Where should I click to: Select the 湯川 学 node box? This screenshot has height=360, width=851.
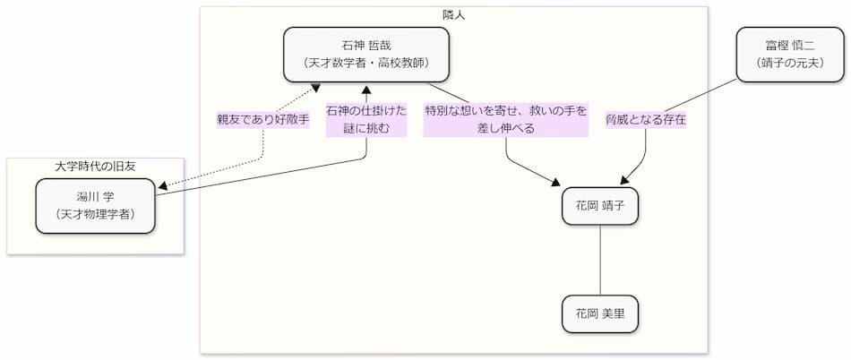pos(96,205)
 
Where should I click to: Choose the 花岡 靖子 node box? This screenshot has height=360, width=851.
pos(599,205)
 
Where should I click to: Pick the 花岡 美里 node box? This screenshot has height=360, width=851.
pos(599,313)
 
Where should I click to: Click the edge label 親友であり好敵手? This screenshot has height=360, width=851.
pos(262,119)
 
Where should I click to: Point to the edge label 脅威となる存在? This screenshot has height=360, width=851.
pos(645,119)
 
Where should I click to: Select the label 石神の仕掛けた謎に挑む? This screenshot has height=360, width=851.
pos(365,119)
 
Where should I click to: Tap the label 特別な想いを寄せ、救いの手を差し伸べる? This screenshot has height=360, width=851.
pos(505,119)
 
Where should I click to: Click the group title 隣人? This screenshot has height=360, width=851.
pos(453,15)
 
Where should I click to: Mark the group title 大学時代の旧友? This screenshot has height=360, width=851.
pos(95,166)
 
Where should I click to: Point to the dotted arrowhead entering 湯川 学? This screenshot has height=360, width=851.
pos(163,187)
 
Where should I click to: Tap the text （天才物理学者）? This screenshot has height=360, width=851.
pos(96,214)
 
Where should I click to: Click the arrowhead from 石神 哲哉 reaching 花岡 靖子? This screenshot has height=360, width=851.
pos(566,183)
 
